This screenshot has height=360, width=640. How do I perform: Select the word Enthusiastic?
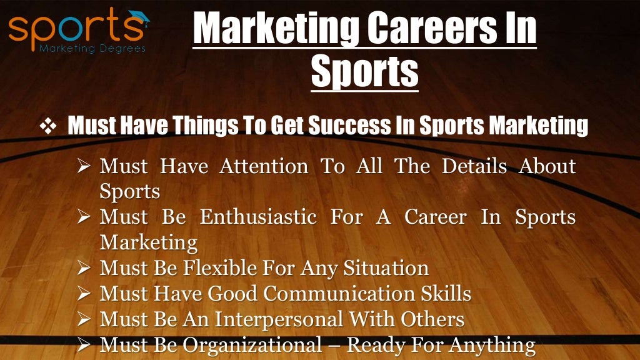click(261, 217)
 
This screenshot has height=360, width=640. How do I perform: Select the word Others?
click(432, 319)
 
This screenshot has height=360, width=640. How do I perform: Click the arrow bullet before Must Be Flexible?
click(86, 268)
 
